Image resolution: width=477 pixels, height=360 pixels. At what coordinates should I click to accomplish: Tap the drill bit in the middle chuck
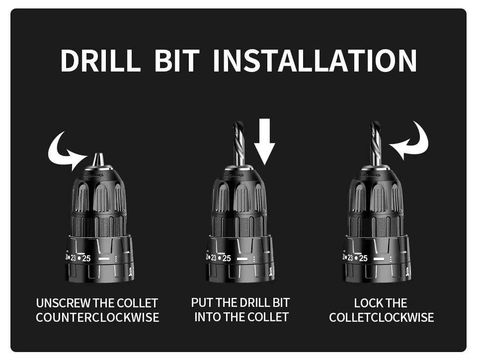click(x=239, y=144)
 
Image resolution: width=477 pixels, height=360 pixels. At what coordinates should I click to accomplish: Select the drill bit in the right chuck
click(x=375, y=144)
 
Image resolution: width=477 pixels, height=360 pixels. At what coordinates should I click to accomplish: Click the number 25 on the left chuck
click(x=87, y=258)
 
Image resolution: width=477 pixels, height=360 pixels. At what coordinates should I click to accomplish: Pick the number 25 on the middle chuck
click(x=226, y=258)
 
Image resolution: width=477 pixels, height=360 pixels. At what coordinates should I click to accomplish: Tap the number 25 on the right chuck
click(x=363, y=258)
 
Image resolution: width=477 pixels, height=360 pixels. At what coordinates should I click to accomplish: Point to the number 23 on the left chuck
click(x=74, y=258)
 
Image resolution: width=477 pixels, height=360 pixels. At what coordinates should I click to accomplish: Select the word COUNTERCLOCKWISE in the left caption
click(x=97, y=317)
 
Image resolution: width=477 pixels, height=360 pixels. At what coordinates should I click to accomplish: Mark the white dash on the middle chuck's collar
click(x=242, y=259)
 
